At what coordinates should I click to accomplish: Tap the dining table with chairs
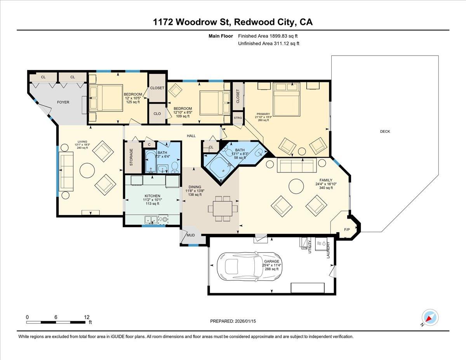[223, 209]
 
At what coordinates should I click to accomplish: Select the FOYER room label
[63, 102]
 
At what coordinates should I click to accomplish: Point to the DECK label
[385, 132]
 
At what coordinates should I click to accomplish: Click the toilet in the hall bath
[175, 167]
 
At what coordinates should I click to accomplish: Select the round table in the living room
[87, 170]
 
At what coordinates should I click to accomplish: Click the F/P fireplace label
[347, 230]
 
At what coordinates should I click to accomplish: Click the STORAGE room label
[131, 158]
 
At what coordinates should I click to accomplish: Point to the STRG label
[238, 118]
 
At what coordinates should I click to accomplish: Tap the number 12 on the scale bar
[87, 317]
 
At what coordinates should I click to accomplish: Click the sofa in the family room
[297, 166]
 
